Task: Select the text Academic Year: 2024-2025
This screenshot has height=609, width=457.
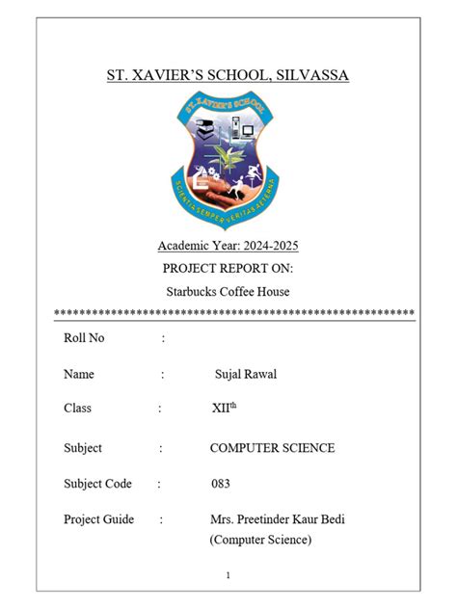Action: point(228,246)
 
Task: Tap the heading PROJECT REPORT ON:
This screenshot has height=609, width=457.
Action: point(228,268)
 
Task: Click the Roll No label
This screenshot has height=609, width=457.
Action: point(84,338)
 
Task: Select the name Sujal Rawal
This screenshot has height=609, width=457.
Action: point(246,374)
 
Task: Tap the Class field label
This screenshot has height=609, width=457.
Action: point(78,409)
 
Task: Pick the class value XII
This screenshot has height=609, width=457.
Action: point(221,409)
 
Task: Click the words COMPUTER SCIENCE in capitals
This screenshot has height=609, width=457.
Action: point(272,448)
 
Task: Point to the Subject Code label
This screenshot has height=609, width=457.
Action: point(97,484)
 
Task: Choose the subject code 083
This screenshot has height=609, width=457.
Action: point(221,484)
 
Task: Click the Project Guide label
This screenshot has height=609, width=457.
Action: point(99,520)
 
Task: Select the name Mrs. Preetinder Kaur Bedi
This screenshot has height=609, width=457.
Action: point(277,520)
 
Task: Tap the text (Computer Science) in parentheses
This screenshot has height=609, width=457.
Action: point(260,541)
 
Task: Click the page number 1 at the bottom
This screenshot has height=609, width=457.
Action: point(228,575)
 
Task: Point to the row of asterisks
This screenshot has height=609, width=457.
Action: point(234,313)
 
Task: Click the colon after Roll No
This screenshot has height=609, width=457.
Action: point(164,338)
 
